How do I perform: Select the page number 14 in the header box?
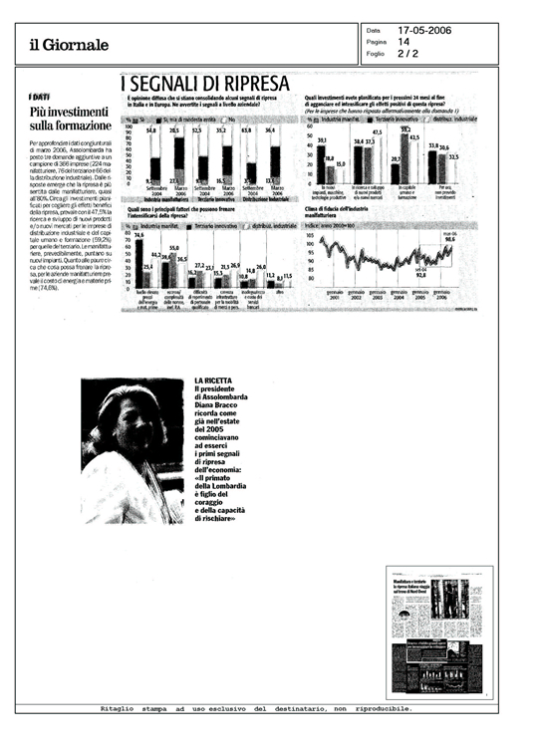point(403,42)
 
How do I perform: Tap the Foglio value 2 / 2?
point(406,54)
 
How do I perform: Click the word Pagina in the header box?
point(376,42)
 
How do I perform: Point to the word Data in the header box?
point(373,30)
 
